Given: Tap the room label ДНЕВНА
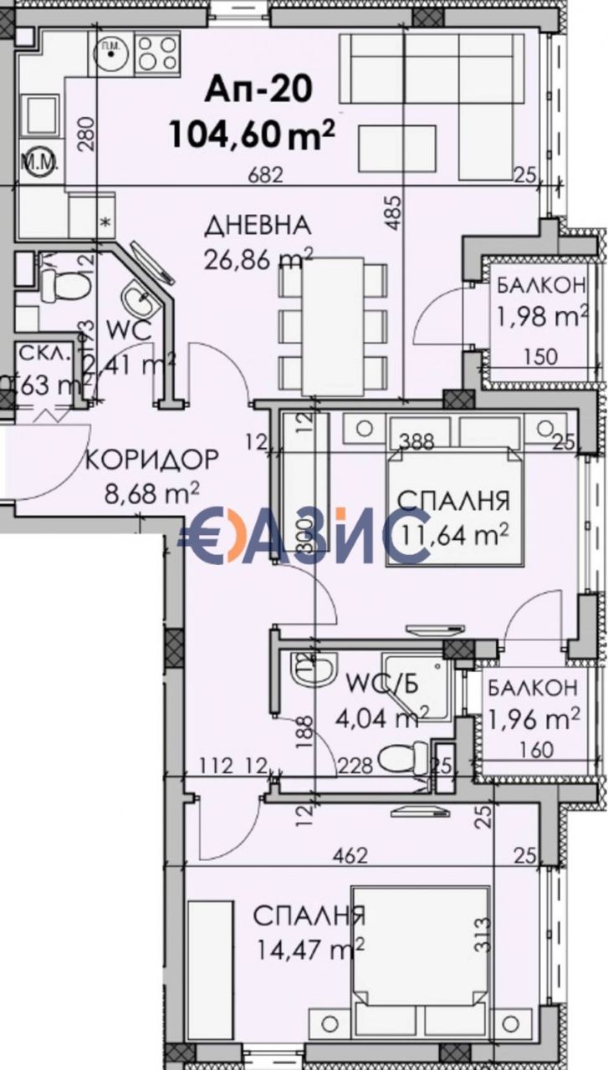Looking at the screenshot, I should pyautogui.click(x=258, y=226).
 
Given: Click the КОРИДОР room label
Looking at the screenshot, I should pyautogui.click(x=152, y=459).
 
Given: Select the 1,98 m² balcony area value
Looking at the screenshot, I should pyautogui.click(x=542, y=317).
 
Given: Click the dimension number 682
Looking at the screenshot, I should pyautogui.click(x=266, y=176).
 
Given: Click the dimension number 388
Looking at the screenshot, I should pyautogui.click(x=416, y=440).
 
